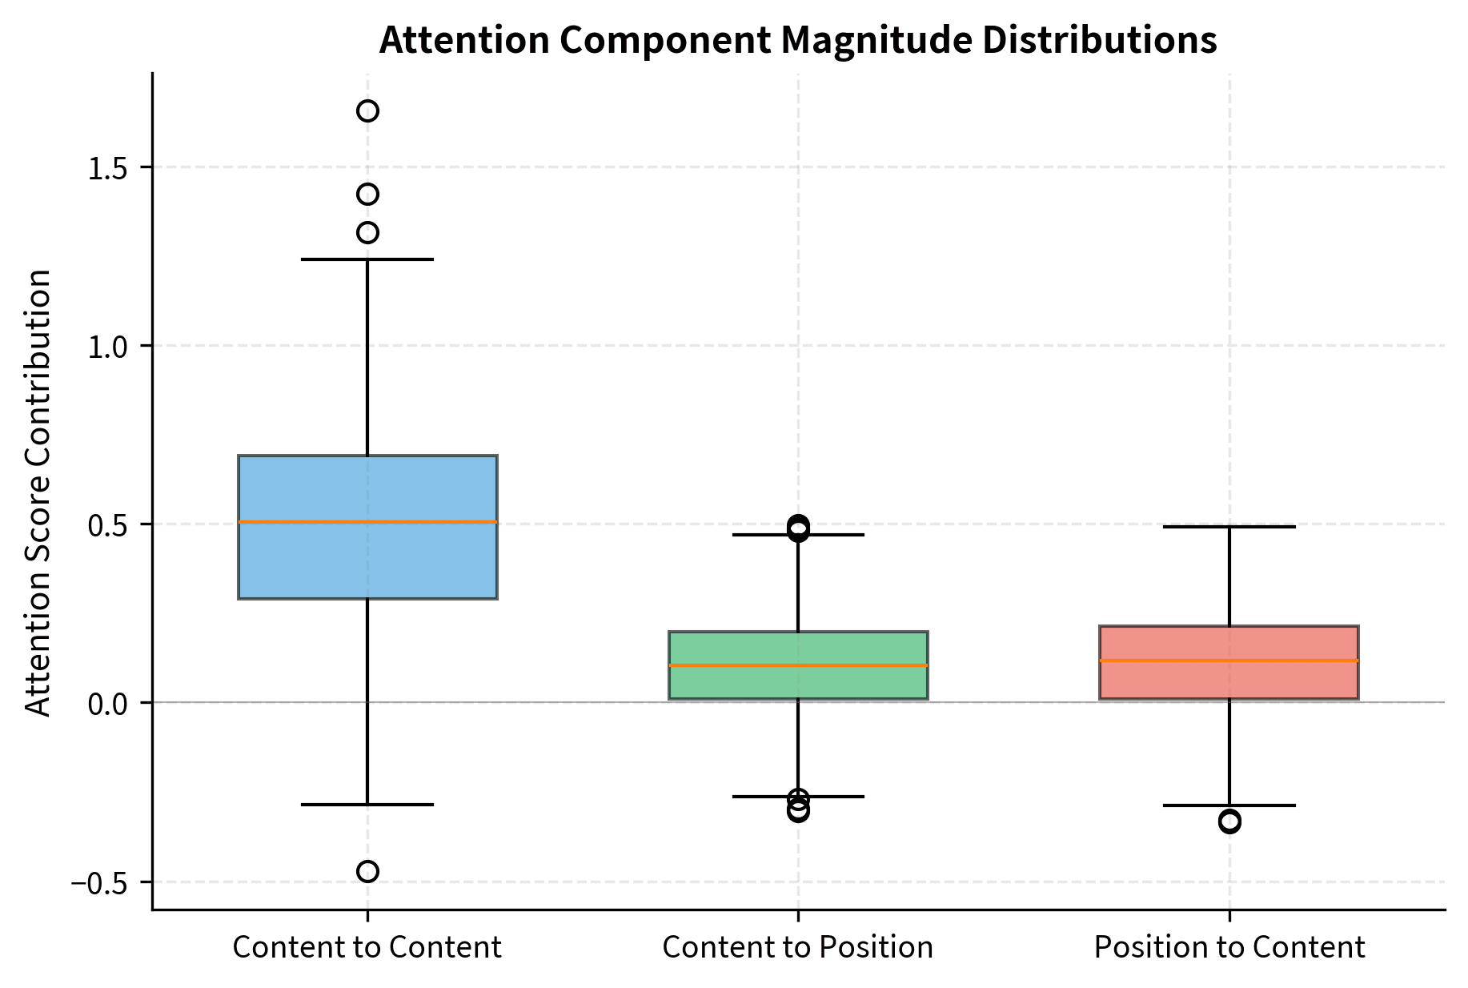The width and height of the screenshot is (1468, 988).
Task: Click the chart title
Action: [797, 40]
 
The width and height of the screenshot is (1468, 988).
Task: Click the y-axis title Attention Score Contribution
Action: [38, 492]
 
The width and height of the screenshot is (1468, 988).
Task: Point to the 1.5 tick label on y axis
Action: [110, 167]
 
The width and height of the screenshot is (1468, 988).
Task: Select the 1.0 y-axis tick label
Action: [110, 346]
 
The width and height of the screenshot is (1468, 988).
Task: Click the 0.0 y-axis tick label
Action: [110, 704]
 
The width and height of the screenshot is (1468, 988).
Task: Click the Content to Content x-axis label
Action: [367, 947]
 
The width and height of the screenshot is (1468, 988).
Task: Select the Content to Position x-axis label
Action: [797, 947]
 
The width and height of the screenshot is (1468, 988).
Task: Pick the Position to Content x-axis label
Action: [1229, 947]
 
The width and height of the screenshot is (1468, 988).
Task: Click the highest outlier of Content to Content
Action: [367, 110]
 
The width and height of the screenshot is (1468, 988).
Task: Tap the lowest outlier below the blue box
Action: [367, 871]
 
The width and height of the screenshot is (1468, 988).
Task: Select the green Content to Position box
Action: [798, 685]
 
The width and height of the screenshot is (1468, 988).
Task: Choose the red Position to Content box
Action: [1229, 681]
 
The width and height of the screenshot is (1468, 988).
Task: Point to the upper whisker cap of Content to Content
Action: [367, 259]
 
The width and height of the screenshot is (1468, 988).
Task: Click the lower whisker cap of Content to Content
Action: [367, 804]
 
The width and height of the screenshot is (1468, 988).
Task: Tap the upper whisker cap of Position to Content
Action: [1229, 527]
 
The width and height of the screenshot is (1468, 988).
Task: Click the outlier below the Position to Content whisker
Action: [1229, 821]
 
